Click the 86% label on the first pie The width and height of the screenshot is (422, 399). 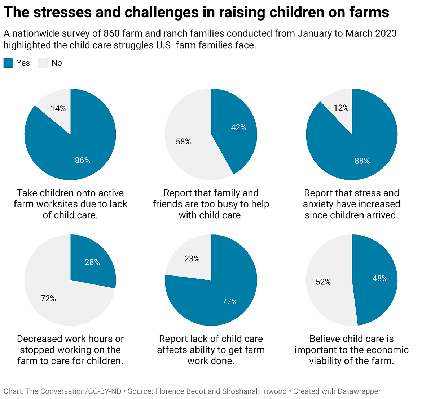[82, 160]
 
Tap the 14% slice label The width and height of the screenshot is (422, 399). [58, 108]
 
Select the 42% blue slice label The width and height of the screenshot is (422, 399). [238, 127]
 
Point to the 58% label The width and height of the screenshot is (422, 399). [183, 142]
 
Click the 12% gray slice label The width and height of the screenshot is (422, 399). [341, 108]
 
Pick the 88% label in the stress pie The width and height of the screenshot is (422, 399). [362, 161]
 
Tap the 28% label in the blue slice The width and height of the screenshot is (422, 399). [92, 262]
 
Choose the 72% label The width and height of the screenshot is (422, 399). [48, 299]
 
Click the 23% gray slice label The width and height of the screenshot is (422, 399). [192, 259]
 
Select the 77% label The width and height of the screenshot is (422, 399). [230, 302]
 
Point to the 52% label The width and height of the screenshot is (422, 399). [323, 282]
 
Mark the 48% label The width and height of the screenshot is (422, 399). [380, 279]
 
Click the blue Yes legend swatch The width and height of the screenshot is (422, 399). [8, 63]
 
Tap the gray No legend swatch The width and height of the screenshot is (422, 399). [43, 63]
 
